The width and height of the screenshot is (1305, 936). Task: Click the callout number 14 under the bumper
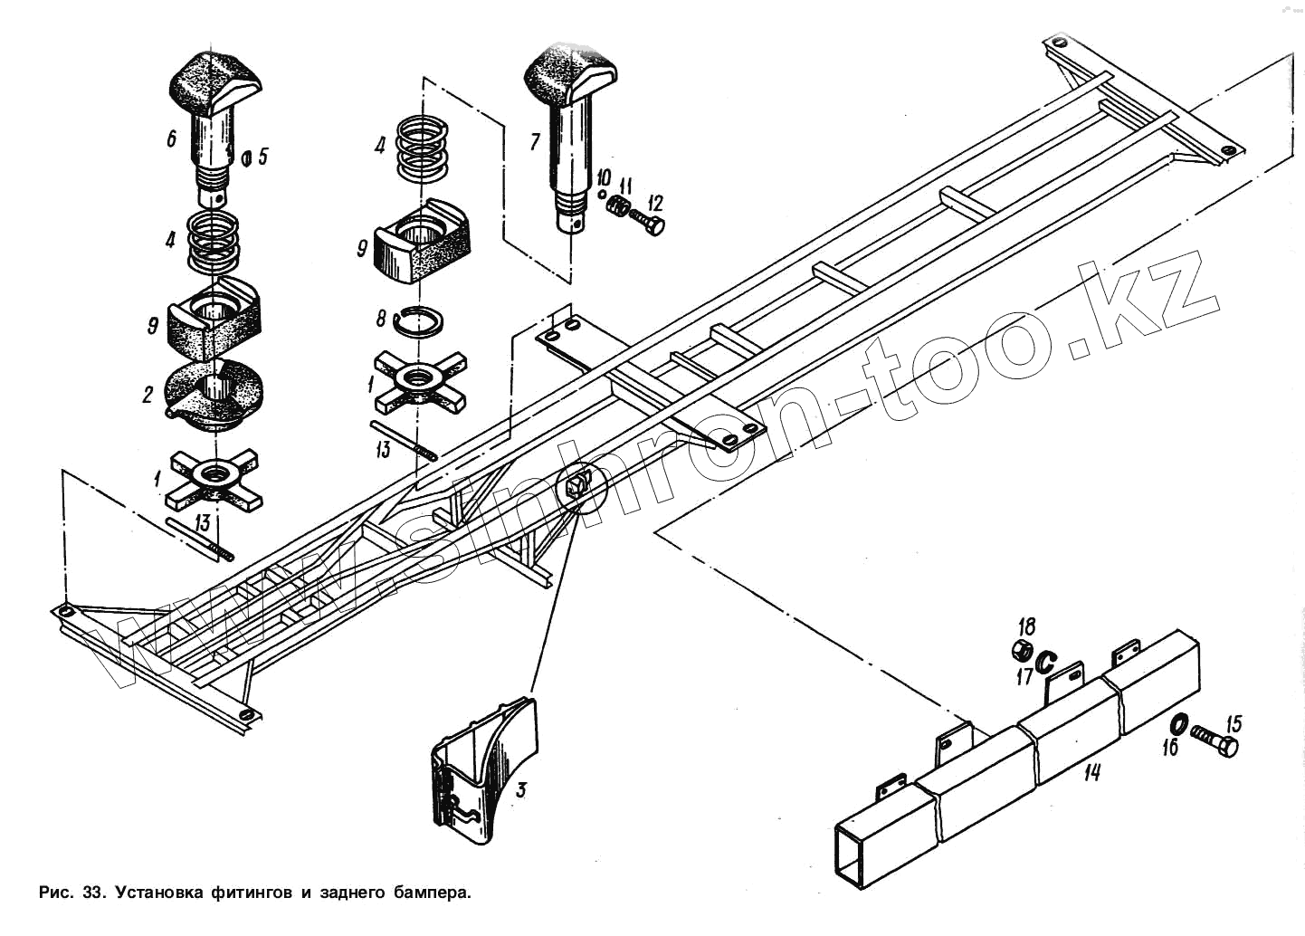coord(1092,773)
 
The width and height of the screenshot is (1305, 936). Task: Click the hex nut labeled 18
coord(1021,649)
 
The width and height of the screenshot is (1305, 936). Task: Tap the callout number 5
coord(262,156)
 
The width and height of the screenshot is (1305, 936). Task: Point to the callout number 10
coord(604,176)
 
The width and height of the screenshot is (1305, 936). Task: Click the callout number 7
coord(534,141)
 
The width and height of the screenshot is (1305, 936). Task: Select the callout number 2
coord(147,396)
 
